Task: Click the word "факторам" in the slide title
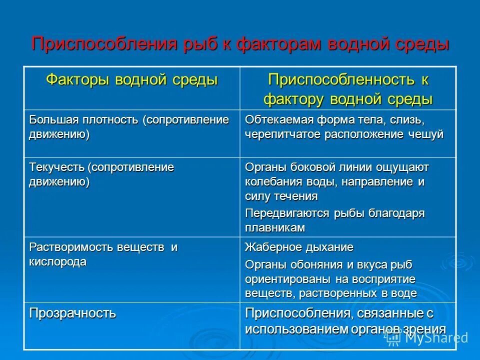(x=279, y=43)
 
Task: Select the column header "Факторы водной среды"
(x=132, y=79)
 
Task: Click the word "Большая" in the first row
(x=50, y=120)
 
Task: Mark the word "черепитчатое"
(x=281, y=135)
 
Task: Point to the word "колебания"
(x=270, y=181)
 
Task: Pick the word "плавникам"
(x=274, y=227)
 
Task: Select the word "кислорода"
(x=57, y=261)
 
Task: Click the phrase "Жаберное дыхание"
(x=299, y=247)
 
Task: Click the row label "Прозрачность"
(x=72, y=313)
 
